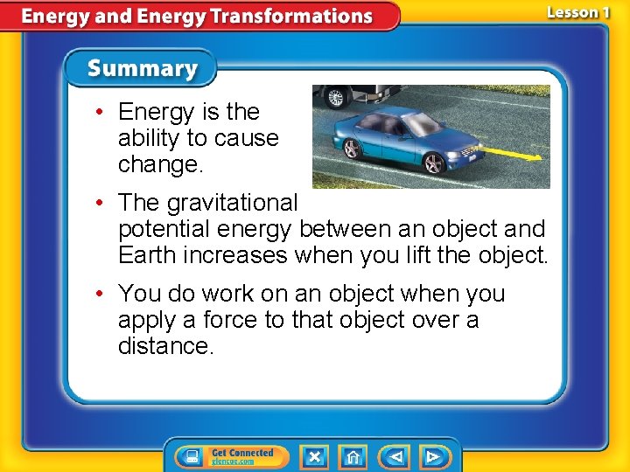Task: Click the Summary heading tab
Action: tap(142, 68)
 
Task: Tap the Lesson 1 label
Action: tap(577, 12)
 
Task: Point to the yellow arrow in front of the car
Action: tap(511, 154)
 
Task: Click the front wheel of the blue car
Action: tap(433, 163)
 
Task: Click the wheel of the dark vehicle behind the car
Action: tap(333, 97)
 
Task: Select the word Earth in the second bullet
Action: tap(150, 255)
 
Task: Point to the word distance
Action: tap(165, 346)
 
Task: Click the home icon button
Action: tap(353, 456)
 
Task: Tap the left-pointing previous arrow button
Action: tap(395, 456)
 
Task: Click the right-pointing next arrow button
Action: tap(432, 456)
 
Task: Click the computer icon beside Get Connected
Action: tap(190, 456)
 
